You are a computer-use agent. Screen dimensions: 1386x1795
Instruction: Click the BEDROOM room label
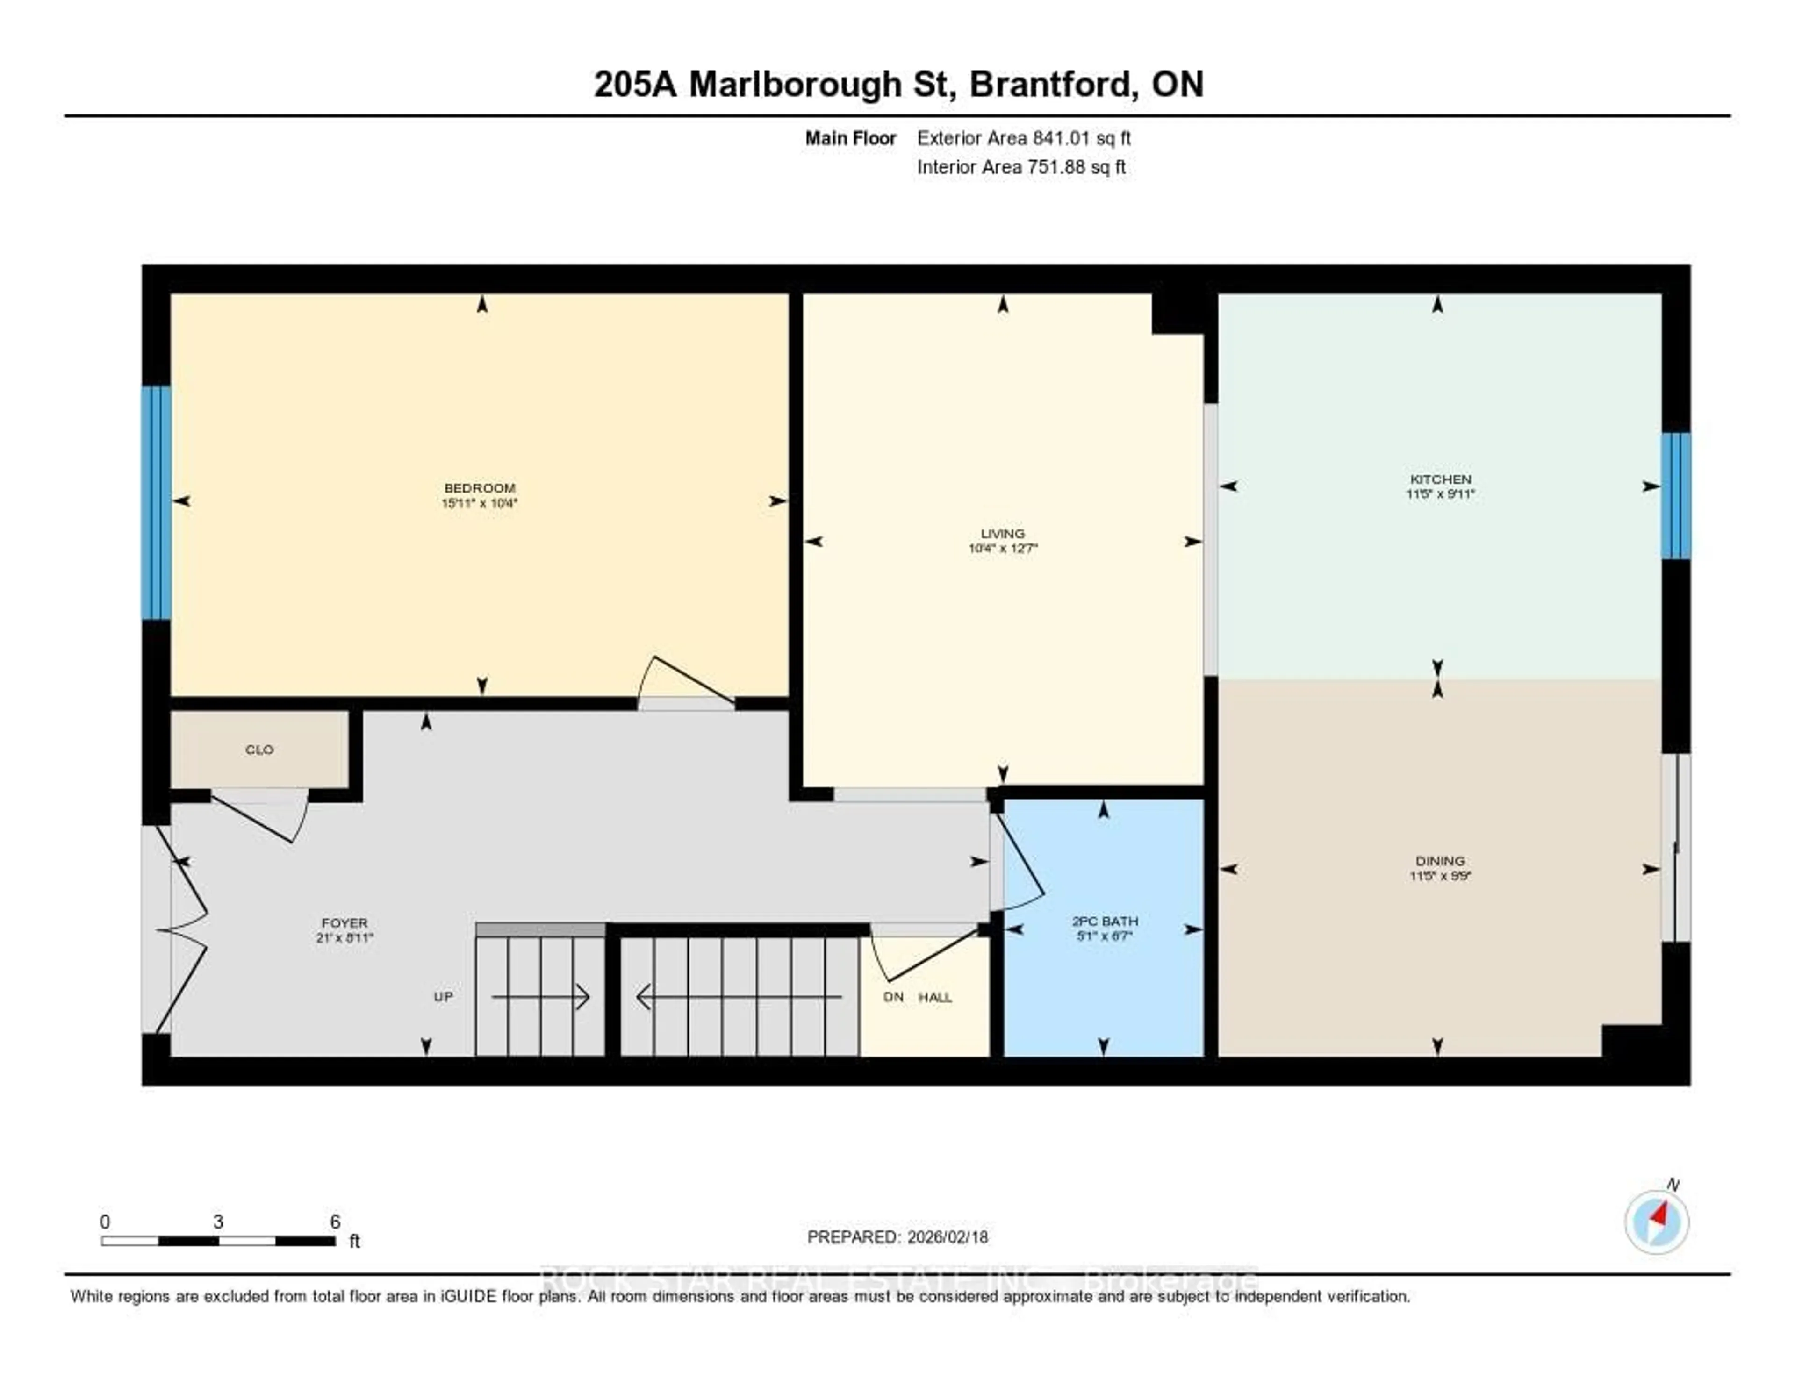pos(479,488)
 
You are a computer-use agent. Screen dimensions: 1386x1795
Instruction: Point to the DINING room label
pos(1440,861)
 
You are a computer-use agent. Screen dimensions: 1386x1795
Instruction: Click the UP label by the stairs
pos(443,997)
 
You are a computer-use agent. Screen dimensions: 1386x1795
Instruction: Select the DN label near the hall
pos(893,997)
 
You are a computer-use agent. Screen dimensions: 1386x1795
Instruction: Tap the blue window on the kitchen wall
pos(1676,495)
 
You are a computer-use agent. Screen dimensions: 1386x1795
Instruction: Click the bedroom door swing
pos(682,682)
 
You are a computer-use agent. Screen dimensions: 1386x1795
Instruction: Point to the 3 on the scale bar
pos(218,1222)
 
